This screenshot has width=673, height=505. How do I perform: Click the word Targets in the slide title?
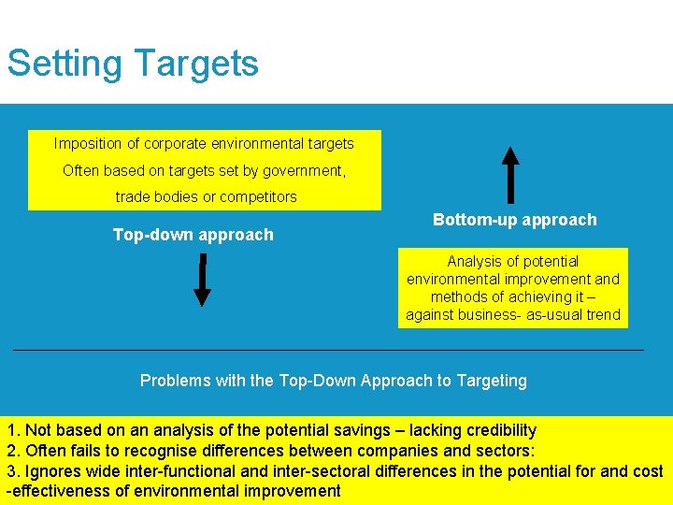pyautogui.click(x=196, y=64)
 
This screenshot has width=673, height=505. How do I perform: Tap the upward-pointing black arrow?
pyautogui.click(x=510, y=175)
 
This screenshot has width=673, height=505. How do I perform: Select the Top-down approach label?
pyautogui.click(x=193, y=235)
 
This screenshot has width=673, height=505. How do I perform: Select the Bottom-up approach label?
pyautogui.click(x=514, y=220)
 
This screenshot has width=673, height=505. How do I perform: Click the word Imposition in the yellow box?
pyautogui.click(x=88, y=144)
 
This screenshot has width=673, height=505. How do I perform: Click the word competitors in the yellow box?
pyautogui.click(x=260, y=197)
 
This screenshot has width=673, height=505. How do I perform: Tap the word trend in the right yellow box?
pyautogui.click(x=602, y=314)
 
